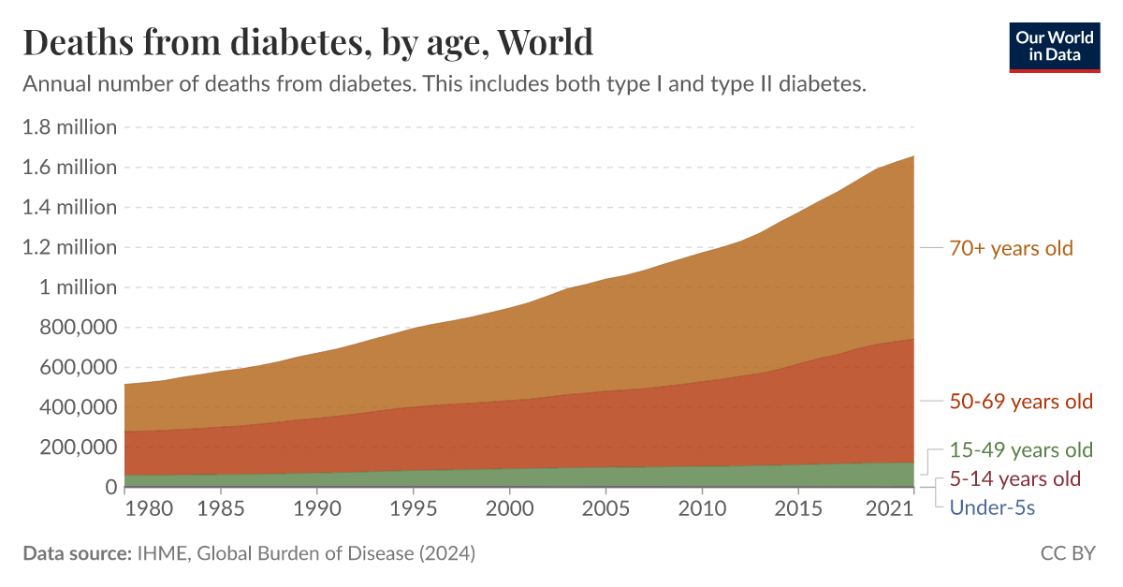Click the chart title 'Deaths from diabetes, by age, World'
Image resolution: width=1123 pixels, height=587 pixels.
(308, 42)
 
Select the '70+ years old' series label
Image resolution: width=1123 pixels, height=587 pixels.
(1011, 248)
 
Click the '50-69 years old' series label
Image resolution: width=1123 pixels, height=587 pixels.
(1021, 402)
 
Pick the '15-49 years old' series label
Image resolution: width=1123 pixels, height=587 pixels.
(1021, 449)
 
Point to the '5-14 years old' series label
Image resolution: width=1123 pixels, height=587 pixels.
(1014, 478)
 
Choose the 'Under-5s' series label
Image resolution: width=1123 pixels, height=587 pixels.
(991, 507)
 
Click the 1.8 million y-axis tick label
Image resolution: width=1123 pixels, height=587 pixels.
(70, 127)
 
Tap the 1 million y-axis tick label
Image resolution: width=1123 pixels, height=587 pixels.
(79, 287)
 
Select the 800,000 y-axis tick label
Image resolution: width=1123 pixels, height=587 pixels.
(79, 328)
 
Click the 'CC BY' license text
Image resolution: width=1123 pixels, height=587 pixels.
(1067, 553)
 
